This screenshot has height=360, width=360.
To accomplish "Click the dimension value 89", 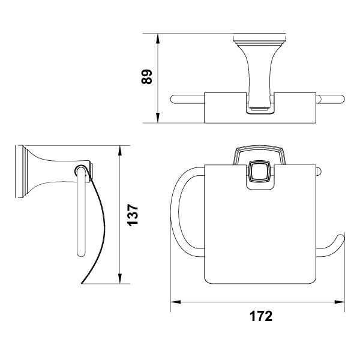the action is (x=146, y=77).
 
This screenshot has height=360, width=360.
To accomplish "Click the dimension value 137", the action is (x=133, y=215).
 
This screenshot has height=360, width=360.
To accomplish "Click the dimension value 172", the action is (x=261, y=316).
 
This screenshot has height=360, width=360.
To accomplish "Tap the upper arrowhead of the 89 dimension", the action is (x=157, y=38).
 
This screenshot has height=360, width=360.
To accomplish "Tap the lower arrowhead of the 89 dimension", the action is (x=157, y=118).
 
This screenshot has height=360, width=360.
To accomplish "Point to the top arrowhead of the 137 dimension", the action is (x=119, y=151).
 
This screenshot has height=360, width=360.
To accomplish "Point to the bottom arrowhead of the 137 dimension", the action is (x=119, y=278).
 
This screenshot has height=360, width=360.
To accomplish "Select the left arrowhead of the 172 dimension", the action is (x=176, y=302).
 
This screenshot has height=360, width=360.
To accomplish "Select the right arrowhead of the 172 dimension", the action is (x=340, y=302).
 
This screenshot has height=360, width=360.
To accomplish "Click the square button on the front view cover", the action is (x=260, y=171).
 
